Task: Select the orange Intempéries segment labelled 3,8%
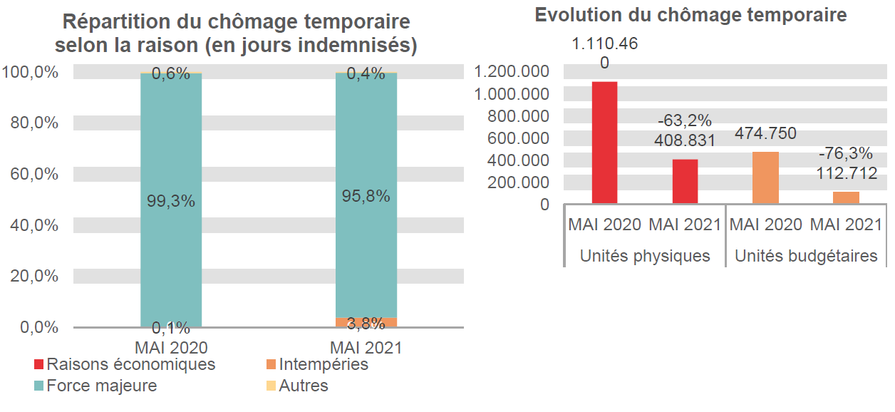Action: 366,322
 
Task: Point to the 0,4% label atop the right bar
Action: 366,73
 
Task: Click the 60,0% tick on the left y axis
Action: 34,174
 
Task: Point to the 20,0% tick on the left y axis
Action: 34,276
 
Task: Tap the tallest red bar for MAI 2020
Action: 604,143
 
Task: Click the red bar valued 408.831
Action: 686,182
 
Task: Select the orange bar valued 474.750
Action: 765,178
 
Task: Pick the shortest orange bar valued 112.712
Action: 846,197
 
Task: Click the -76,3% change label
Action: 846,154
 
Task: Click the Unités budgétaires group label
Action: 806,256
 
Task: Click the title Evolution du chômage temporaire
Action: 691,15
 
